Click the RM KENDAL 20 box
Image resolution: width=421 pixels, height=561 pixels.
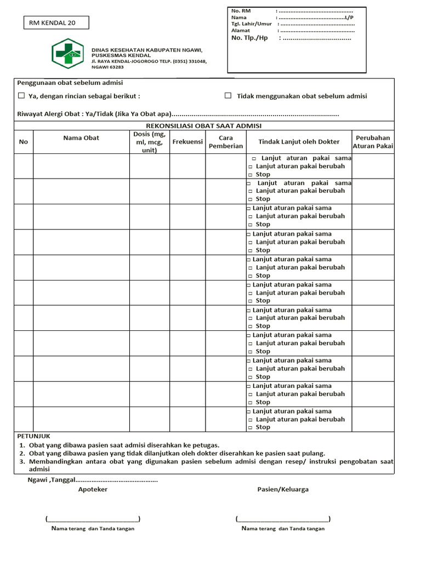[x=55, y=22]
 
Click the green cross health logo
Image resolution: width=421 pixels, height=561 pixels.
[x=67, y=54]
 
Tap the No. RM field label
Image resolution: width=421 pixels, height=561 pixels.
[x=241, y=10]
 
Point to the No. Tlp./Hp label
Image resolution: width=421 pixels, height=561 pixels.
[x=249, y=38]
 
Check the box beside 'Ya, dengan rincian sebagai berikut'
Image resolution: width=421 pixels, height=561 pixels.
[x=21, y=96]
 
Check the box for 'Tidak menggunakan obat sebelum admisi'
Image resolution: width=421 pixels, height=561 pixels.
[x=228, y=96]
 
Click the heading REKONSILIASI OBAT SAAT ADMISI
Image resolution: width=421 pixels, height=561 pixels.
[x=204, y=125]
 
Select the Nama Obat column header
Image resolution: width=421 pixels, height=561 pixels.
[x=81, y=138]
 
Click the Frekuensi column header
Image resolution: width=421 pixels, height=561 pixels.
[x=187, y=142]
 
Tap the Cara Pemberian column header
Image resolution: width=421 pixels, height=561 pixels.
[x=226, y=142]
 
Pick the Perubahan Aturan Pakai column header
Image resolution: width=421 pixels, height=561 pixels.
[x=373, y=142]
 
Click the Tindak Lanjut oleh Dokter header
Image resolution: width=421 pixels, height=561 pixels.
[x=299, y=142]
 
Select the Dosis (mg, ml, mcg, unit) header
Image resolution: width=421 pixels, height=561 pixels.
[x=149, y=142]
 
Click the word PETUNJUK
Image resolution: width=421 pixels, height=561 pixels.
[x=32, y=436]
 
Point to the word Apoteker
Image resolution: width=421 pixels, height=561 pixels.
[x=93, y=489]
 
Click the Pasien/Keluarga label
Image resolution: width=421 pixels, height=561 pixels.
[x=283, y=489]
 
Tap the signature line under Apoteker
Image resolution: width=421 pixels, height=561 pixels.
[x=93, y=519]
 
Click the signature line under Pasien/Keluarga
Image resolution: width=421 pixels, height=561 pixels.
[x=283, y=519]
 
